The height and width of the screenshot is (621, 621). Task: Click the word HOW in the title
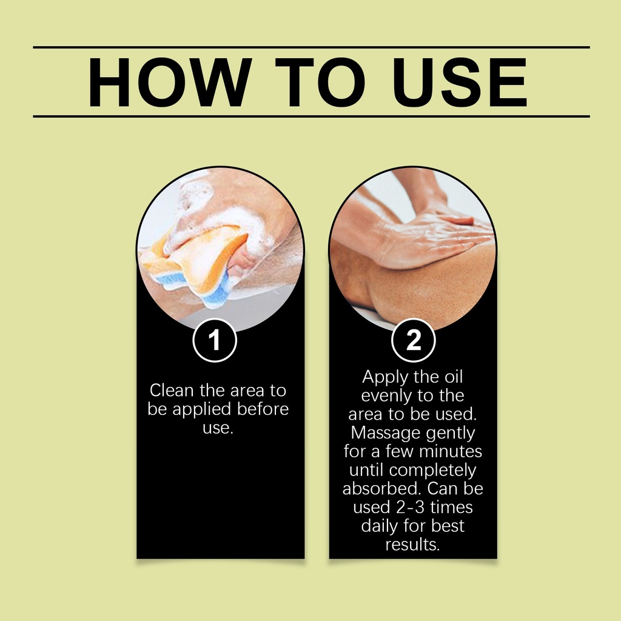170,82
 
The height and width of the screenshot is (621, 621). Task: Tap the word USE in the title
460,82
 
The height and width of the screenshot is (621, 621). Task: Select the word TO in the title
320,82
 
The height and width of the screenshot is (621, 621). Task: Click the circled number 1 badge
215,340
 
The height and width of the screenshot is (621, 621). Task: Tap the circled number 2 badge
414,340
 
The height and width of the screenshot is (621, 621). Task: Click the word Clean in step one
172,391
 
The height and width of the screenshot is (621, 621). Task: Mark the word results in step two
412,545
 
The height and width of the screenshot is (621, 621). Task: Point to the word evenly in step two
383,396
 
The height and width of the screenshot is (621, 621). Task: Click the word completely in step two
432,471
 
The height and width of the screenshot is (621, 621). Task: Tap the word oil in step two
454,377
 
